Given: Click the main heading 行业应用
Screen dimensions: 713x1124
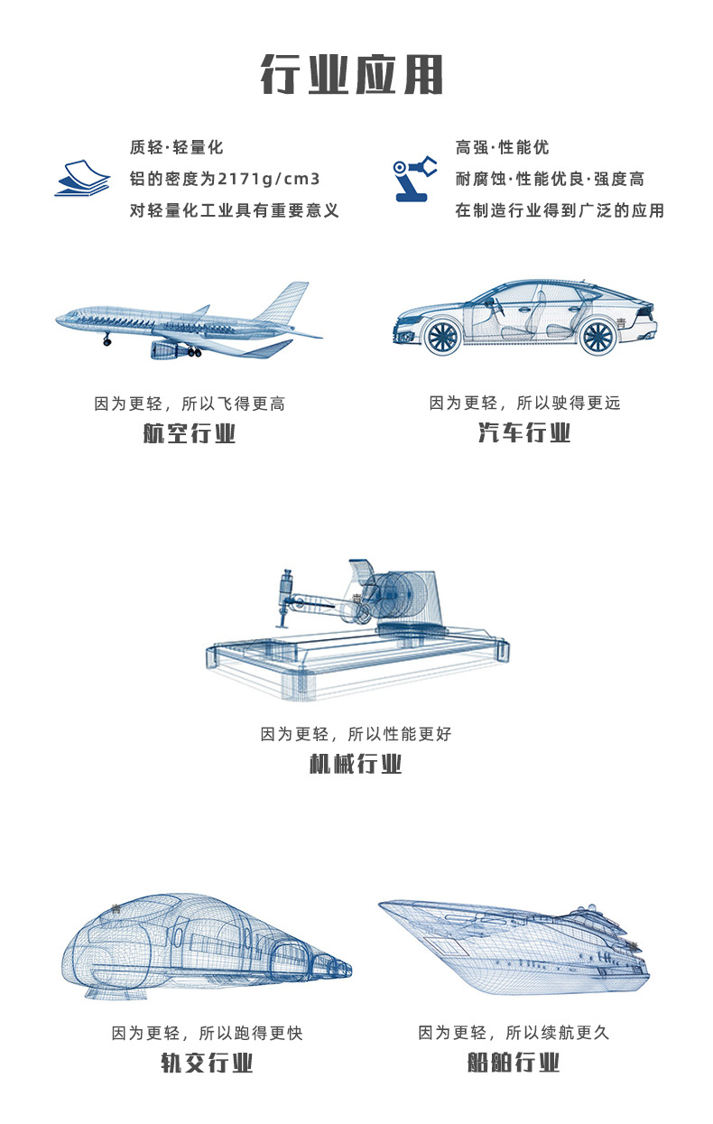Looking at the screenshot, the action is [352, 75].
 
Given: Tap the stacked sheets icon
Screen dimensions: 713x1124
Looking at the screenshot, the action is [82, 178].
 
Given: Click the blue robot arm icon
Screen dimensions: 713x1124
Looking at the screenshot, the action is [414, 179].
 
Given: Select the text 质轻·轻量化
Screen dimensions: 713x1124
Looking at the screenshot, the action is [176, 147].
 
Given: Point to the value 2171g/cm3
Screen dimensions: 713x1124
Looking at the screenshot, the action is [269, 179].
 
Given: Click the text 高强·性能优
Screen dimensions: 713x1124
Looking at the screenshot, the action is [502, 147].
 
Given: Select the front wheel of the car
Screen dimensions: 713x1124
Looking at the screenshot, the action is [443, 336].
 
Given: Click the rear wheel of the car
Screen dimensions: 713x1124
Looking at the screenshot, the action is [598, 336].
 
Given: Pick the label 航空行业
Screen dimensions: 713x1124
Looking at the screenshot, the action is [190, 433].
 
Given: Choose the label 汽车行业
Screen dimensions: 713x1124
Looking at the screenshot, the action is [524, 432].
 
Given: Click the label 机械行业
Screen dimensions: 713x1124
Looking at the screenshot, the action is [356, 764].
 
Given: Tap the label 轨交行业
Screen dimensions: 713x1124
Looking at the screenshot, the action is [207, 1064].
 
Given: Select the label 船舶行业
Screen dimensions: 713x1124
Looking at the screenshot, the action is [514, 1063].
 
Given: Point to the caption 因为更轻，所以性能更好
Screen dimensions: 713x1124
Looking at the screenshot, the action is [356, 734].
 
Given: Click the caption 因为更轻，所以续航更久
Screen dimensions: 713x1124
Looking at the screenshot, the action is [514, 1033].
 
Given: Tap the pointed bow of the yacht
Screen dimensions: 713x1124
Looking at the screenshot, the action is [382, 904].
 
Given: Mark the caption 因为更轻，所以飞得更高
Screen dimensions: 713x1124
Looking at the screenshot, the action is [190, 404].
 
